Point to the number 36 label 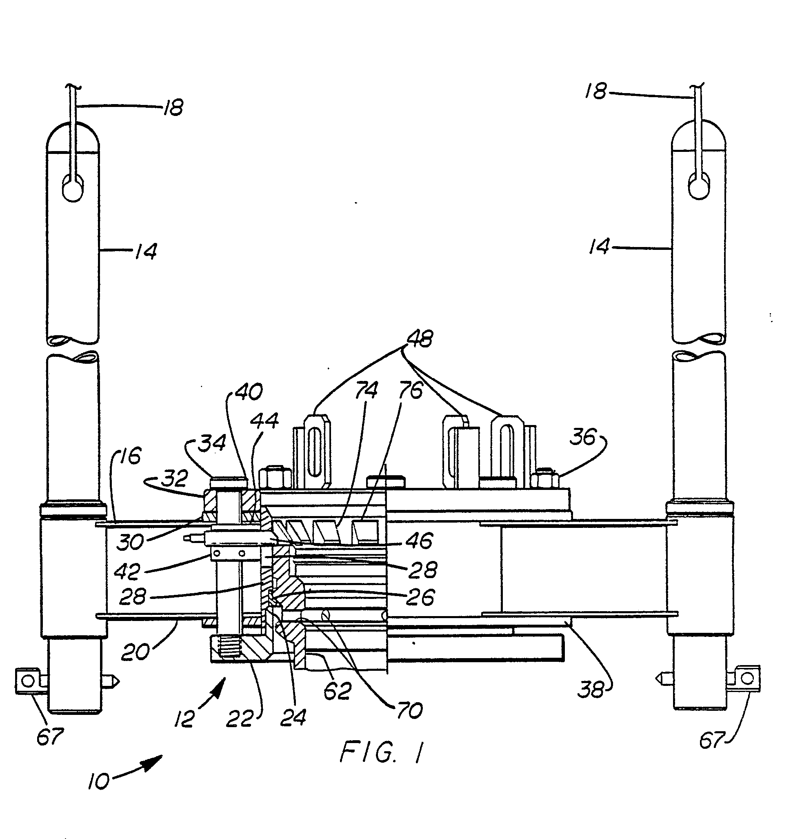pos(583,437)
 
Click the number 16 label pos(130,456)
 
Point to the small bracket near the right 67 pos(746,678)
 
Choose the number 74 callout pos(367,390)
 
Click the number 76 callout pos(411,390)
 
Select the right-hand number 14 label pos(598,247)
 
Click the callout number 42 pos(127,572)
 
